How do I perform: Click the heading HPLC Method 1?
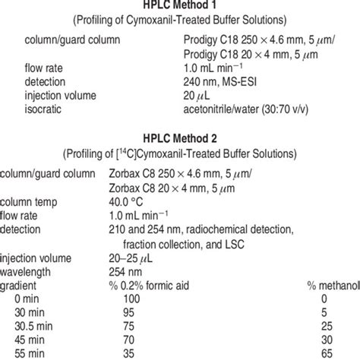coord(180,7)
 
